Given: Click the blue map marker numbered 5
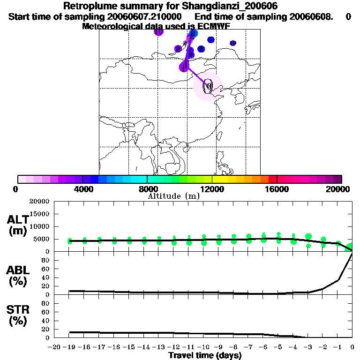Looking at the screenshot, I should pyautogui.click(x=211, y=40).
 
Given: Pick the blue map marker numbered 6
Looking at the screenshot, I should pyautogui.click(x=201, y=49).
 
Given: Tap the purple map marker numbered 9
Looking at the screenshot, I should pyautogui.click(x=178, y=49).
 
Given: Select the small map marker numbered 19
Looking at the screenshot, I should pyautogui.click(x=233, y=43).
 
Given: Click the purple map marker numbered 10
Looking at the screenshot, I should pyautogui.click(x=158, y=31).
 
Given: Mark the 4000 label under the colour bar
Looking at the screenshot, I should pyautogui.click(x=82, y=189).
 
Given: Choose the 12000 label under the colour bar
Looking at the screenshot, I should pyautogui.click(x=212, y=189).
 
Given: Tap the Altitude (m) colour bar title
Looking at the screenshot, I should pyautogui.click(x=173, y=196).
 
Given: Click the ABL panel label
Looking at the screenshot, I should pyautogui.click(x=19, y=276).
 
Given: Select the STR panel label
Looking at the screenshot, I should pyautogui.click(x=19, y=315).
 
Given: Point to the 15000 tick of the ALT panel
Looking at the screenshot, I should pyautogui.click(x=39, y=214).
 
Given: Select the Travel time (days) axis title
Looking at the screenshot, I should pyautogui.click(x=205, y=355).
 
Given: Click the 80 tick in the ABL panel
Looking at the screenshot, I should pyautogui.click(x=46, y=260).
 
